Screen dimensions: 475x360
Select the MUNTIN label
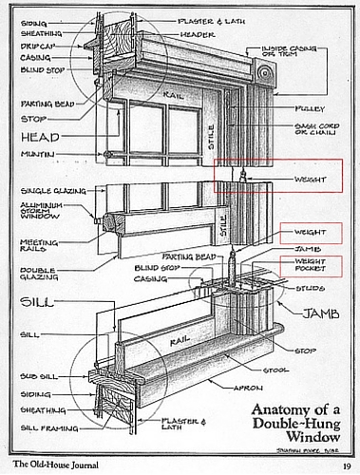coord(37,154)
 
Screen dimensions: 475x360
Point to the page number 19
coord(346,465)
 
